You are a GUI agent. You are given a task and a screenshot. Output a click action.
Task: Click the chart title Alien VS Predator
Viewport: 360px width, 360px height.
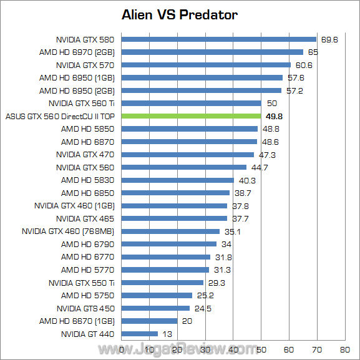(x=180, y=14)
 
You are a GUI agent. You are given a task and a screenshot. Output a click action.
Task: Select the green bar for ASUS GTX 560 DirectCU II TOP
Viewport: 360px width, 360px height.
(x=191, y=116)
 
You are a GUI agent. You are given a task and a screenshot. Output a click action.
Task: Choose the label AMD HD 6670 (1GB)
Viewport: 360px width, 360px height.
(x=77, y=321)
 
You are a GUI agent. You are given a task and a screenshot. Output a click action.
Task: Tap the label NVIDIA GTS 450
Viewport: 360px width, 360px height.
(x=85, y=308)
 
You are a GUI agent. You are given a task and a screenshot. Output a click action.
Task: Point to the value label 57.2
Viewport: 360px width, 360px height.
(x=294, y=90)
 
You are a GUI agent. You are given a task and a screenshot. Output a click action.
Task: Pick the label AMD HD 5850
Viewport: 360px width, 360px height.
(x=87, y=129)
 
